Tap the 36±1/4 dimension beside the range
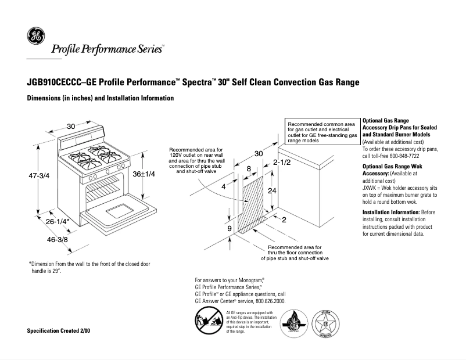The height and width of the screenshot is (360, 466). (144, 174)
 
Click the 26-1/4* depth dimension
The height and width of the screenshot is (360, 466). (58, 221)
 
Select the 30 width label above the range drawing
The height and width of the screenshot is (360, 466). (71, 126)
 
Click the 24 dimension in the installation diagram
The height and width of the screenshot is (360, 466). (270, 190)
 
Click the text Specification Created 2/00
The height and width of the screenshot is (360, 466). (59, 330)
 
